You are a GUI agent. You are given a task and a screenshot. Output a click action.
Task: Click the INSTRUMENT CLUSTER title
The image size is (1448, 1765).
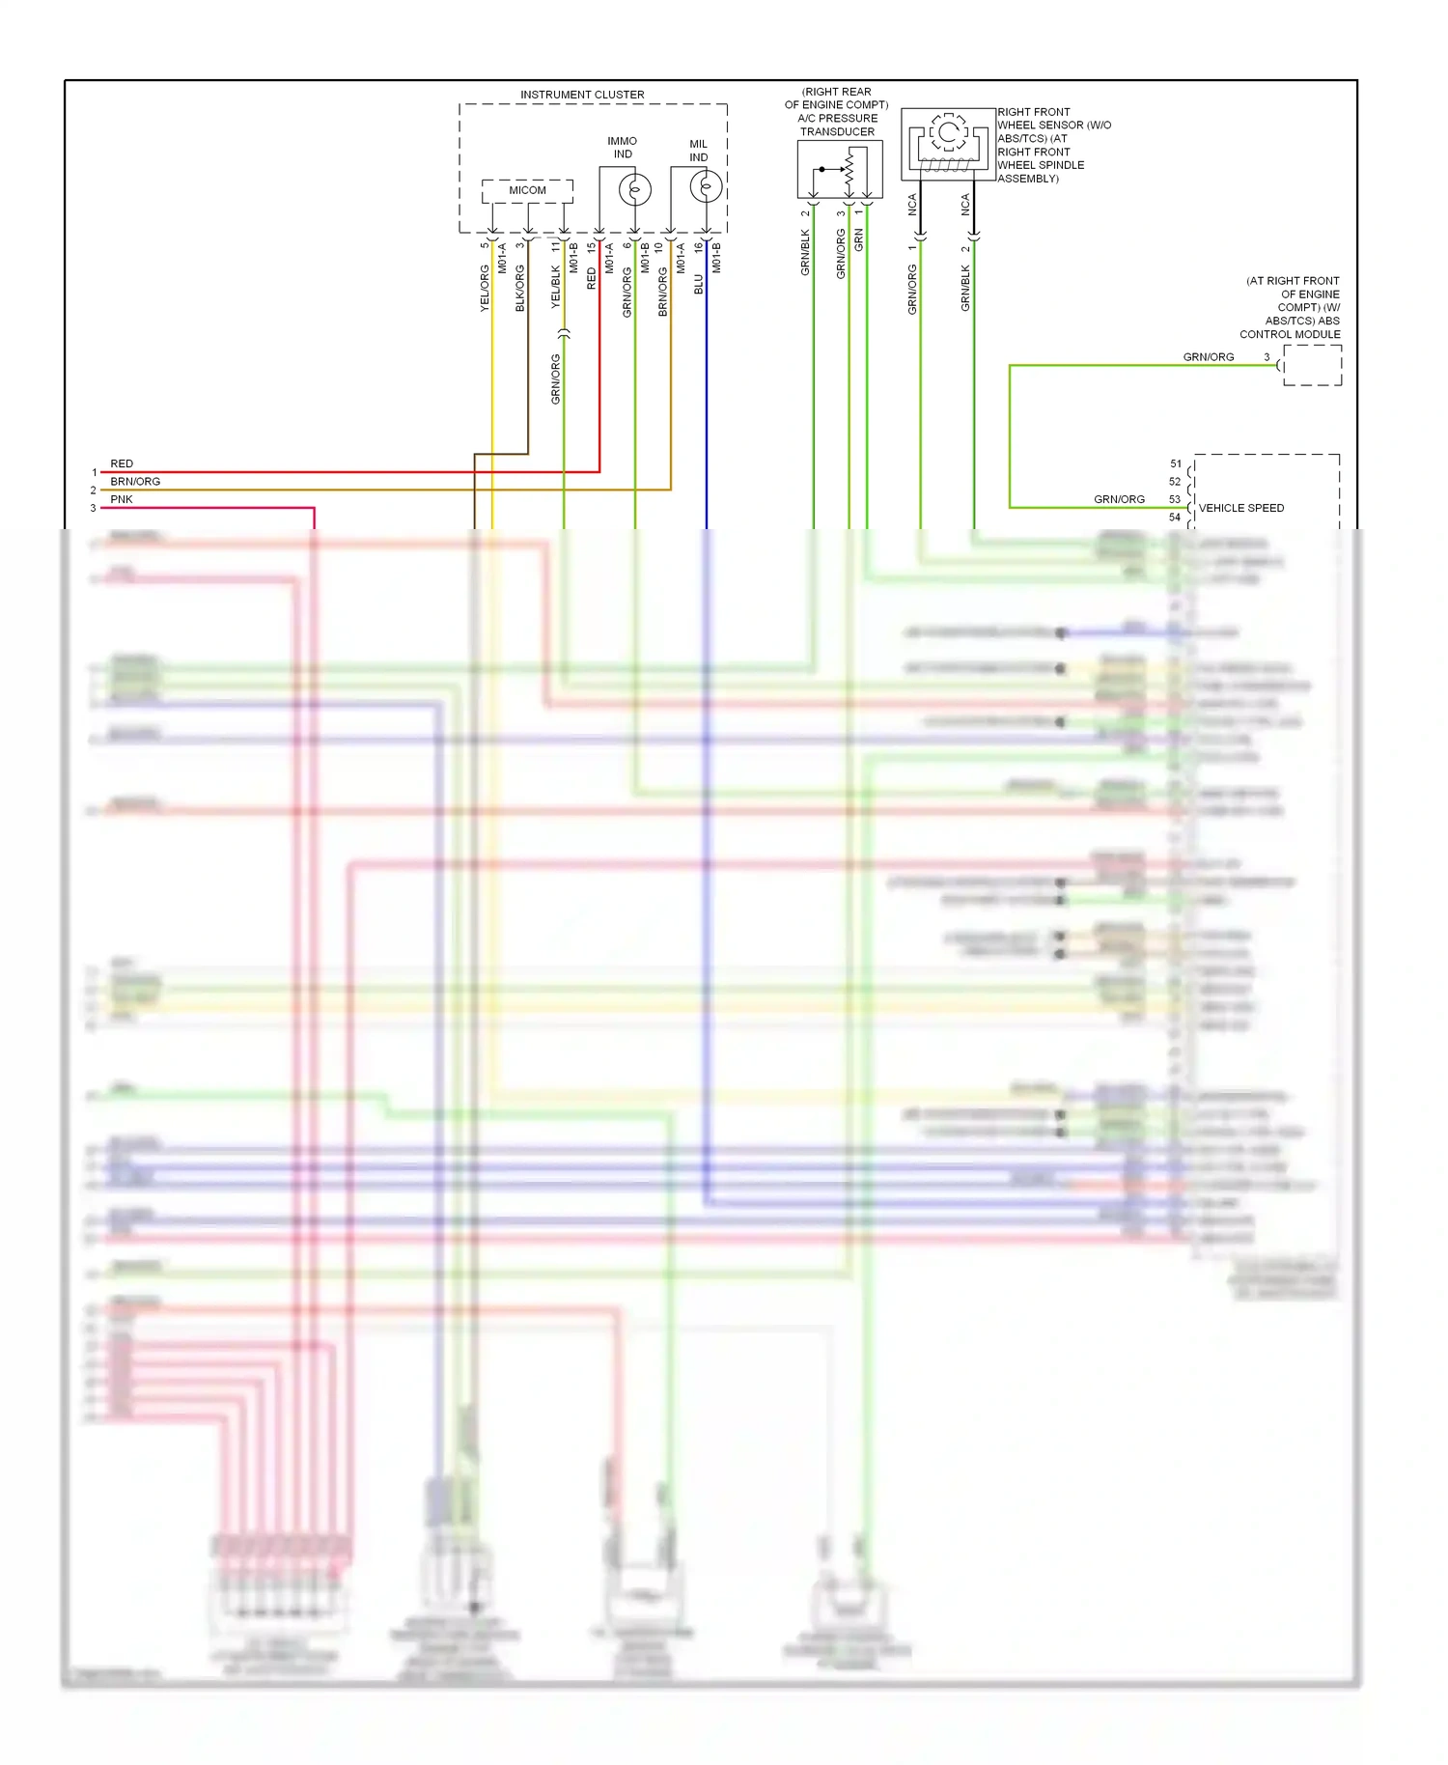582,95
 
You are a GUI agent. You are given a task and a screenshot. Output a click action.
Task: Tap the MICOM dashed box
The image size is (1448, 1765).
527,190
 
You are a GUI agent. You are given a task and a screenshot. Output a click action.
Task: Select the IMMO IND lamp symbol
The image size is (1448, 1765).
634,189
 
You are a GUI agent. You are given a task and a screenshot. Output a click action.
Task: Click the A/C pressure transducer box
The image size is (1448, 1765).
839,170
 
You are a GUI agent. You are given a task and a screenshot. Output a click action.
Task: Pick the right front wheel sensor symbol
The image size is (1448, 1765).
948,144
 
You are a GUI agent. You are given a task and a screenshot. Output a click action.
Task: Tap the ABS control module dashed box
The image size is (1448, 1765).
1312,365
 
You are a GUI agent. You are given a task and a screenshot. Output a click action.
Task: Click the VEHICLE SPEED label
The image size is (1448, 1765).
1240,508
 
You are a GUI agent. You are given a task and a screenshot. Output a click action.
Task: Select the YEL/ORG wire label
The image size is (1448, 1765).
485,288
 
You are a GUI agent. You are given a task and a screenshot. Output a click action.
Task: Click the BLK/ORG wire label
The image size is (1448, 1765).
520,288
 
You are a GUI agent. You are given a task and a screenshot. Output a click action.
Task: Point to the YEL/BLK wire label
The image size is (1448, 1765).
556,287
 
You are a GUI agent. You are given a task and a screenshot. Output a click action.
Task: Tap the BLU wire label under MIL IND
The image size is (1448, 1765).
699,284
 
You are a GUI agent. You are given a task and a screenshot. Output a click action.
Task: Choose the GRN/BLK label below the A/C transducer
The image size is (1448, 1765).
805,253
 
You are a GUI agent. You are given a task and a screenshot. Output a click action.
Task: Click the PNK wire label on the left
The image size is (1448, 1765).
122,499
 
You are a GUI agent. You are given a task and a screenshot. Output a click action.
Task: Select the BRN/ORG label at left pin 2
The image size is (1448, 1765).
135,482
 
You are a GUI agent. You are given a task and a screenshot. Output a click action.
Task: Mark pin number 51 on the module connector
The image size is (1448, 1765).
1175,464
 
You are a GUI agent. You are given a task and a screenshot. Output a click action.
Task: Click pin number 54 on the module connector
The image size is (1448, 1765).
1175,518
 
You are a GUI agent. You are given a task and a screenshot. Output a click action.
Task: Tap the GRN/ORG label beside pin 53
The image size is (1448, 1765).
1119,499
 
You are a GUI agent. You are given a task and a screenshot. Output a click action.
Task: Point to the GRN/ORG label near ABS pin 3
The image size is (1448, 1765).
1209,357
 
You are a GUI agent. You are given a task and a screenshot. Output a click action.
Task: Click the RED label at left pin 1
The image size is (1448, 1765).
122,464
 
